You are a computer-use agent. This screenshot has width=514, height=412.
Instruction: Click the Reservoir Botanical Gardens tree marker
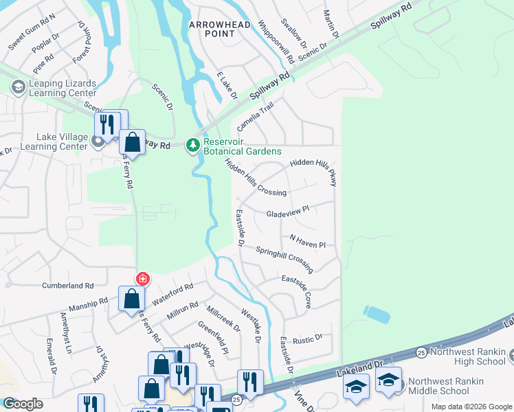click(x=194, y=145)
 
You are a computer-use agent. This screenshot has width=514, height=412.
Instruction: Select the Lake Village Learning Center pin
click(x=98, y=142)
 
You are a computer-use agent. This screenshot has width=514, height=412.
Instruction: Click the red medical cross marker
click(x=142, y=279)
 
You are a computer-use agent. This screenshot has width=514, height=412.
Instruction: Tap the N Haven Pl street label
click(x=306, y=240)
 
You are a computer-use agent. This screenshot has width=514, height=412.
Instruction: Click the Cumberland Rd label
click(x=67, y=285)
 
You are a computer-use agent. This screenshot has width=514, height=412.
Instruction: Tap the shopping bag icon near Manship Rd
click(x=131, y=299)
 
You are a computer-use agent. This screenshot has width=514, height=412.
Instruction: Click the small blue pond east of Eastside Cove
click(x=377, y=314)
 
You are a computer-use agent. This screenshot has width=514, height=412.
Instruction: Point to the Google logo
click(x=22, y=404)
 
